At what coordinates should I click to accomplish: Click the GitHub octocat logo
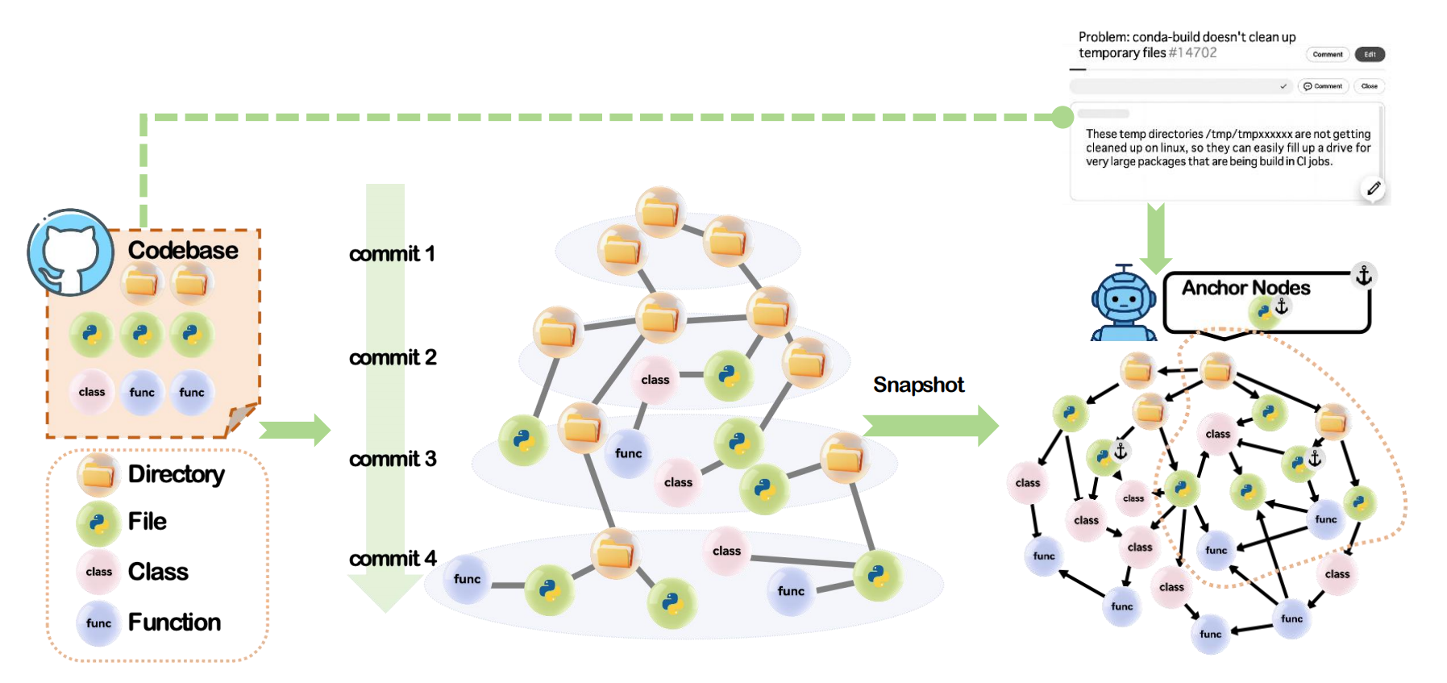pos(70,253)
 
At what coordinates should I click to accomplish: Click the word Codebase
pos(183,250)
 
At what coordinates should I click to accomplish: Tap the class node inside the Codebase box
pos(92,392)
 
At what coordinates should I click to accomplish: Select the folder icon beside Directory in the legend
pos(98,475)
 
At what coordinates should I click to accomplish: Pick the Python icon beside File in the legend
pos(98,523)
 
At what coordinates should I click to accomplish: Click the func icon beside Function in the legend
pos(98,623)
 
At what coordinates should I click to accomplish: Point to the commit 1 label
pos(392,254)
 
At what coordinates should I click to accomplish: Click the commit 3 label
pos(393,459)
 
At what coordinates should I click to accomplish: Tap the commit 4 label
pos(393,558)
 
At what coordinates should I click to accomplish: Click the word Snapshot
pos(918,385)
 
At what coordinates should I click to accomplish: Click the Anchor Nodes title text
pos(1245,288)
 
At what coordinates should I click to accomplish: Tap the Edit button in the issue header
pos(1370,54)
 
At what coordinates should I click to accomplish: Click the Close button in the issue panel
pos(1369,85)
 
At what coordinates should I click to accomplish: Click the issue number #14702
pos(1192,52)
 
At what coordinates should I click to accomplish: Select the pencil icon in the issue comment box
pos(1374,188)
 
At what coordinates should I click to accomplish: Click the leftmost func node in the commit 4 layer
pos(467,579)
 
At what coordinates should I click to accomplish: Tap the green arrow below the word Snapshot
pos(930,425)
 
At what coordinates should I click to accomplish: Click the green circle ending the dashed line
pos(1062,117)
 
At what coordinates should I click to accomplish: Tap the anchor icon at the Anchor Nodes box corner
pos(1363,276)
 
